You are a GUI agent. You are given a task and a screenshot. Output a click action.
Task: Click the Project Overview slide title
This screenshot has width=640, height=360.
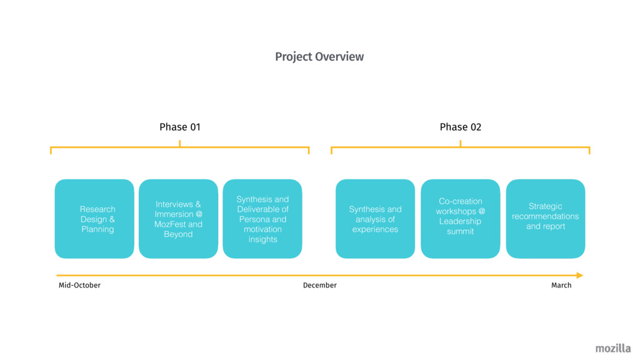pos(319,57)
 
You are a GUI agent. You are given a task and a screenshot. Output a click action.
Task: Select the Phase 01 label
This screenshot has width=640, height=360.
pos(180,127)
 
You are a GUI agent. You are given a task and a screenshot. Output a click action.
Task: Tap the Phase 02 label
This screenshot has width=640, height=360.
pos(461,127)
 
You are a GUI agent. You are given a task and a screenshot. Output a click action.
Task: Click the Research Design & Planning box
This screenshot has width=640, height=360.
pos(94,219)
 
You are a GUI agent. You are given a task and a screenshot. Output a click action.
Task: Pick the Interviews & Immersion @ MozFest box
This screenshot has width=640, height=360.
pos(178,219)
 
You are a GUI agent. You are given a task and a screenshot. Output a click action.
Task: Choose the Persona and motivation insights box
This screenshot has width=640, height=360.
pos(262,219)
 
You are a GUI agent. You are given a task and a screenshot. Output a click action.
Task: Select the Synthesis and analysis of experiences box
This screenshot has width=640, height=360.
pos(375,219)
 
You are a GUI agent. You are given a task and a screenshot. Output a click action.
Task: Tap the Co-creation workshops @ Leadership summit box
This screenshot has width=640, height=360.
pos(461,219)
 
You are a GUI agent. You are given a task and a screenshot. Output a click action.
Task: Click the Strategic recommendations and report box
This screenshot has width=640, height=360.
pos(545,219)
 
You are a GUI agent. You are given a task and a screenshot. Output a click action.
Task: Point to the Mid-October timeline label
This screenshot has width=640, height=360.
pos(79,286)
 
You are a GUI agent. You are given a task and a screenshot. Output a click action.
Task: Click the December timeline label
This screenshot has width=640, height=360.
pos(319,286)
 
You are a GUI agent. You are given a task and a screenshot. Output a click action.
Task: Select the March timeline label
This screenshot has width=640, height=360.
pos(561,286)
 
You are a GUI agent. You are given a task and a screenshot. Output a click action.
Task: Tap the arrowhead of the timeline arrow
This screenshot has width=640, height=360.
pos(579,275)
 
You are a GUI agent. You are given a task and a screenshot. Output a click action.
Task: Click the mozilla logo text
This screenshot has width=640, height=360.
pos(612,349)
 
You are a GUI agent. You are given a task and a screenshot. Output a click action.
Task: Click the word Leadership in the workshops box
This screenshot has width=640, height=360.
pos(460,221)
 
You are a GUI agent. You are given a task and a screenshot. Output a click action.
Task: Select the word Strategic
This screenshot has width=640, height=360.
pos(545,206)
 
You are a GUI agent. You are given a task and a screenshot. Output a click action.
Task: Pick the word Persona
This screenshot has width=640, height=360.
pos(254,219)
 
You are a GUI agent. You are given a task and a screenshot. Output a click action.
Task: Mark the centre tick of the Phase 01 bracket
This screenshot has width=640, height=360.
pos(180,144)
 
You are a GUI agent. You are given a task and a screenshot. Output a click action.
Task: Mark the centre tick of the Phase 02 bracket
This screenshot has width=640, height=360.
pos(461,144)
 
